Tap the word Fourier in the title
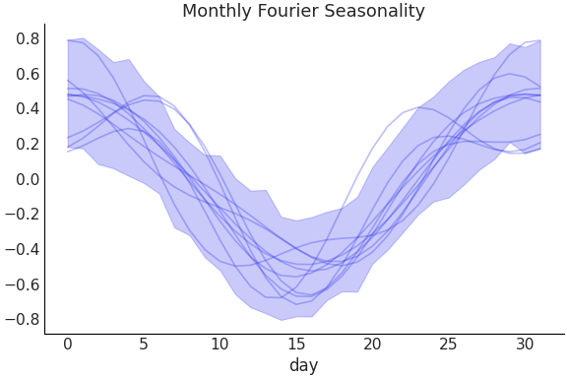coord(290,12)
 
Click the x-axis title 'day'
coord(303,365)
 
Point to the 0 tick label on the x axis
coord(67,344)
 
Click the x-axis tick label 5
coord(144,344)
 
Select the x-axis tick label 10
coord(220,344)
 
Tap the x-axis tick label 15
coord(295,344)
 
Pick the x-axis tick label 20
coord(372,344)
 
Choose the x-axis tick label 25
coord(448,344)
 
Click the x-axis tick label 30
coord(525,344)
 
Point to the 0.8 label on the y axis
coord(28,39)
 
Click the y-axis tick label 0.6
coord(28,75)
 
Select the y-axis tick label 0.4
coord(28,109)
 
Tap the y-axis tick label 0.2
coord(28,145)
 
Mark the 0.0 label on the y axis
coord(28,179)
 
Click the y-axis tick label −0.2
coord(23,215)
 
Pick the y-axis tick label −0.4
coord(23,250)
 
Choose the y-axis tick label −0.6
coord(23,284)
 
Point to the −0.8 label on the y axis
coord(23,320)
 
